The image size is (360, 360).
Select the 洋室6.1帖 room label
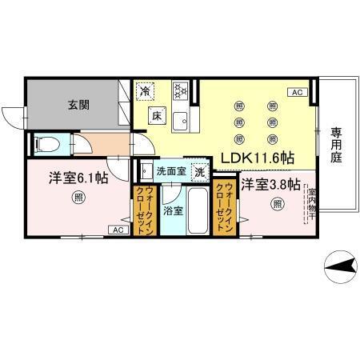[77, 178]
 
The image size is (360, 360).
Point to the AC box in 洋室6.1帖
[117, 230]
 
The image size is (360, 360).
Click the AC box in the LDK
[297, 93]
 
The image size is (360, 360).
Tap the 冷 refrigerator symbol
[144, 92]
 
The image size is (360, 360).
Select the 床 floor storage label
[158, 114]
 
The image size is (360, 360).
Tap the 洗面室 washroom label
[171, 171]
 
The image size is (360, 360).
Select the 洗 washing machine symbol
[200, 170]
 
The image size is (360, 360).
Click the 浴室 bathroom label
[173, 211]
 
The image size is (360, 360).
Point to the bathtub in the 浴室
[197, 209]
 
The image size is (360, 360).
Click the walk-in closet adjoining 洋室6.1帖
[145, 210]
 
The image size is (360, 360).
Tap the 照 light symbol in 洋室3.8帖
[276, 203]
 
